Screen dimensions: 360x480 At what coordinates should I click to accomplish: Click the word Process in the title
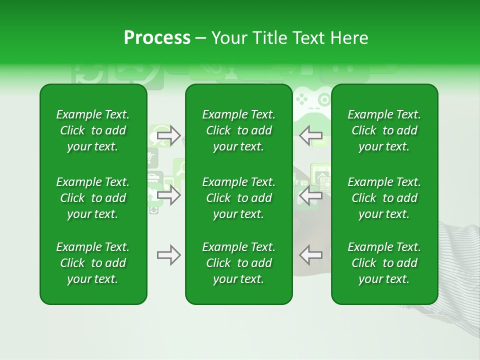click(157, 38)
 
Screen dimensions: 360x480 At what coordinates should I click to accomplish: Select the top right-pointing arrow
click(168, 135)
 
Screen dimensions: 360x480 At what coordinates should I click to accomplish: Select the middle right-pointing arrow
click(168, 195)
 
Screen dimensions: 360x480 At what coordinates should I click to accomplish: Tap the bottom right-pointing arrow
click(168, 255)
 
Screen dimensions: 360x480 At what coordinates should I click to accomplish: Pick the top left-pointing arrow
click(310, 135)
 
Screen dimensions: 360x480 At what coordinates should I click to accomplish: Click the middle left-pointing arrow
click(310, 195)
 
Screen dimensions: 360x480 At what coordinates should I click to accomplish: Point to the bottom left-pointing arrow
click(310, 255)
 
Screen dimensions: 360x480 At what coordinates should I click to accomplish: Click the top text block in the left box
click(93, 130)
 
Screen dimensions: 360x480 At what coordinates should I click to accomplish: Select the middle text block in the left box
click(93, 198)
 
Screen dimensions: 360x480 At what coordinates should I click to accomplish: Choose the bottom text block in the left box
click(93, 263)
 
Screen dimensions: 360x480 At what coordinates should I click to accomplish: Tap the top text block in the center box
click(239, 130)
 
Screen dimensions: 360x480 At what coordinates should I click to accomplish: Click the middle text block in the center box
click(239, 198)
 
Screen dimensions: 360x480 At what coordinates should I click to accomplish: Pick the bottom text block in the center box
click(239, 263)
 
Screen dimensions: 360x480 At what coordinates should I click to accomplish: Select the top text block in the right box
click(384, 130)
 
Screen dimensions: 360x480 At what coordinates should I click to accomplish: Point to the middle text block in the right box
click(384, 198)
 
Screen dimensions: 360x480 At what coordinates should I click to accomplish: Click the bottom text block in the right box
click(384, 263)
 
